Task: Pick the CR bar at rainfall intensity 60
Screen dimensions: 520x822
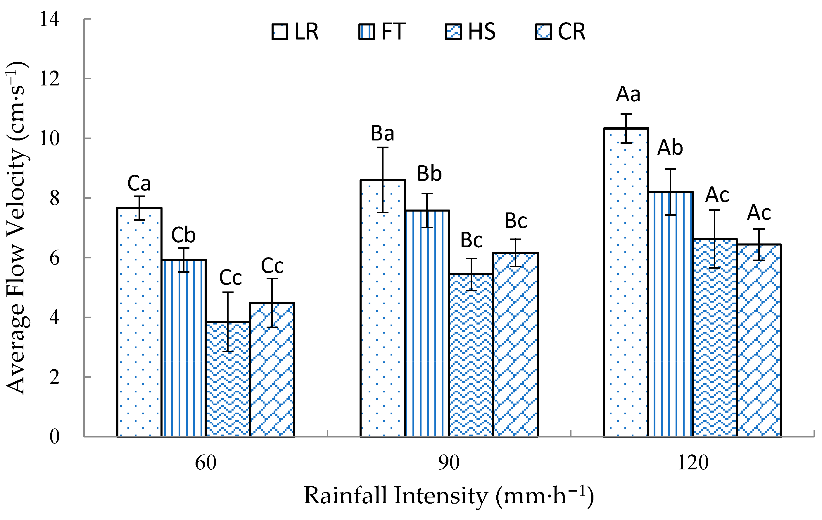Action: tap(272, 369)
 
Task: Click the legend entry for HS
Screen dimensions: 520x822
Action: tap(470, 32)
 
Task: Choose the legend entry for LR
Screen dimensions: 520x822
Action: tap(296, 32)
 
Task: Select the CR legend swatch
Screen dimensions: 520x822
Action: tap(543, 32)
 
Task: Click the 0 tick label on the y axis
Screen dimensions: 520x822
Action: tap(54, 436)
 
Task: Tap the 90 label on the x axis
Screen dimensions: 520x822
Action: tap(449, 463)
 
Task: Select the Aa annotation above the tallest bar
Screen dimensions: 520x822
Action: tap(628, 94)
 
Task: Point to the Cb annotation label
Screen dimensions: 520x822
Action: tap(183, 235)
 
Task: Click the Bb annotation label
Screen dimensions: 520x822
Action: tap(429, 174)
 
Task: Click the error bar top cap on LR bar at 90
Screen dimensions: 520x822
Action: tap(383, 147)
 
